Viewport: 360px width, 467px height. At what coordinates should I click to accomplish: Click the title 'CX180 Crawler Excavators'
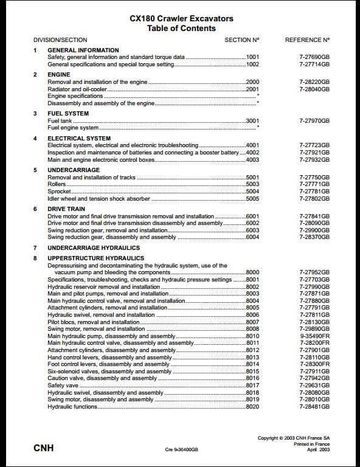(181, 19)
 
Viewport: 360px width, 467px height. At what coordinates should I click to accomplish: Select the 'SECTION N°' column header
(241, 40)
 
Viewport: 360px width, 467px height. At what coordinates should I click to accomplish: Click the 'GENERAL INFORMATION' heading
(83, 50)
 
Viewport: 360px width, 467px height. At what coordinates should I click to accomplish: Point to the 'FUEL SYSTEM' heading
(68, 113)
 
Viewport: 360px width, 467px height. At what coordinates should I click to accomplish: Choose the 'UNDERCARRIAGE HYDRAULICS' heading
(94, 248)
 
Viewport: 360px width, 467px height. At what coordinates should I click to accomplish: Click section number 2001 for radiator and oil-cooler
(252, 89)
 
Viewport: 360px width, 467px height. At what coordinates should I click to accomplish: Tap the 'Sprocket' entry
(59, 192)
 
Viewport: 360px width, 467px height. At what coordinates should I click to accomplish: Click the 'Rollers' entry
(57, 184)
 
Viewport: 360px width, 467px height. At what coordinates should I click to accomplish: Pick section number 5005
(252, 199)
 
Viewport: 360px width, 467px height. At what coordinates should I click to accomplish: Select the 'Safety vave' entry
(63, 386)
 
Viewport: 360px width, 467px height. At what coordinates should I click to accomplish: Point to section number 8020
(252, 407)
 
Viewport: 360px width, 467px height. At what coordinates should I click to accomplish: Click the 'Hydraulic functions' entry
(72, 407)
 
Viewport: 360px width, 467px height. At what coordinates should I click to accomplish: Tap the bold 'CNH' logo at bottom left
(43, 448)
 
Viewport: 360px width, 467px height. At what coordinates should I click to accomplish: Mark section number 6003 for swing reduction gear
(252, 230)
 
